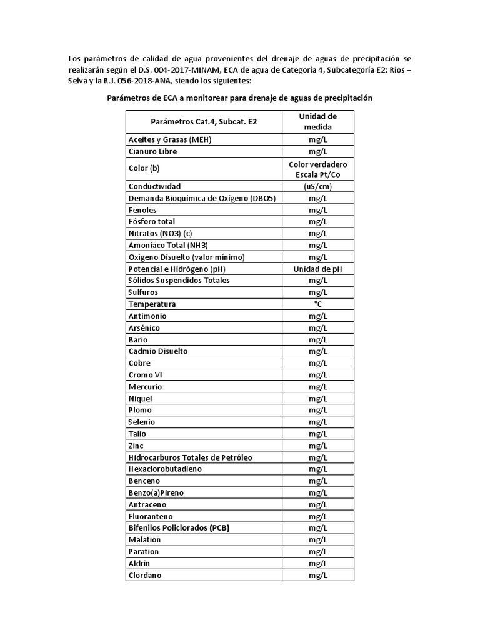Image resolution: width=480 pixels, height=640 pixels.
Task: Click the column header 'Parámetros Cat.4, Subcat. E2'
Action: coord(204,122)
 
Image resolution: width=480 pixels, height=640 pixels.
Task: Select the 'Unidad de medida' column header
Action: coord(317,122)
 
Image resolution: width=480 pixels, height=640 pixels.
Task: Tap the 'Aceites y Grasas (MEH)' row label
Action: coord(170,139)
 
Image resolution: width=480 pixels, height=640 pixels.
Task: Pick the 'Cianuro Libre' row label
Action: coord(152,151)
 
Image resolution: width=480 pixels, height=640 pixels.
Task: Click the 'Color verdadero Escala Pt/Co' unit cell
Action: coord(317,169)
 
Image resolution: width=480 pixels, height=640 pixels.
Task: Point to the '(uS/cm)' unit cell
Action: coord(317,186)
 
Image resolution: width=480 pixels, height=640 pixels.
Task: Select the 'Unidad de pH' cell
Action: coord(317,269)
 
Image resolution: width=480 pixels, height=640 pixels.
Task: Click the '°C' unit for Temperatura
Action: coord(317,304)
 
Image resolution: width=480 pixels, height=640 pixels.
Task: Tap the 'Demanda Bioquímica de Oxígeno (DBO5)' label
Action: coord(202,198)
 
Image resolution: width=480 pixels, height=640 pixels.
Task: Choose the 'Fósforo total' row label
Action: coord(152,221)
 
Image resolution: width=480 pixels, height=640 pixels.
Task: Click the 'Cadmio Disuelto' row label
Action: coord(158,351)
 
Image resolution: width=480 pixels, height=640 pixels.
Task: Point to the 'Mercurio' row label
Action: coord(145,387)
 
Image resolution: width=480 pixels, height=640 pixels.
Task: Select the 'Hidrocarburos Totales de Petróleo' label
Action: coord(191,457)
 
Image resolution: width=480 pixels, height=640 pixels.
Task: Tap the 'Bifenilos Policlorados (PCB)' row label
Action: coord(179,528)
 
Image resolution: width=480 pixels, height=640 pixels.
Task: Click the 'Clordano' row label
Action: coord(145,575)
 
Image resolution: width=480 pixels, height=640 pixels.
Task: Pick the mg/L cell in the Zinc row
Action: coord(317,446)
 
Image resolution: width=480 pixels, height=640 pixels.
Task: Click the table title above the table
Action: coord(240,98)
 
